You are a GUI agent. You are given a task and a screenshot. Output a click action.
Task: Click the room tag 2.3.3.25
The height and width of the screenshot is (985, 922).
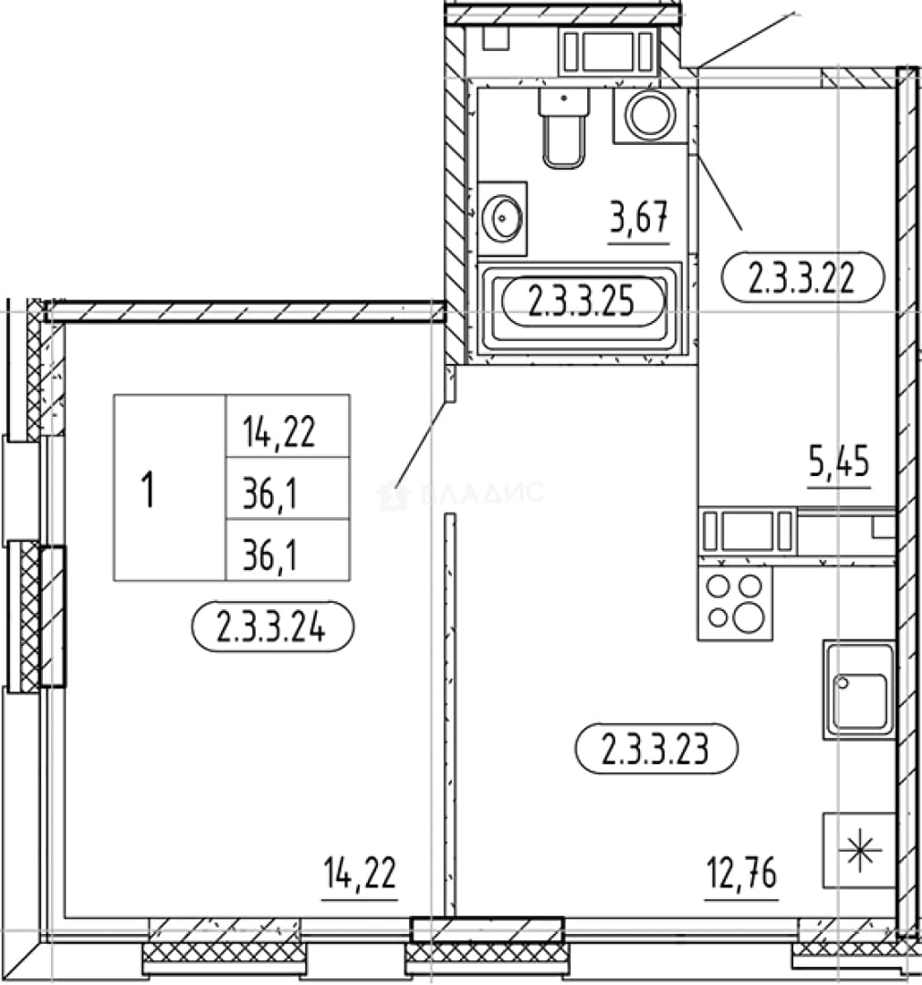pyautogui.click(x=583, y=302)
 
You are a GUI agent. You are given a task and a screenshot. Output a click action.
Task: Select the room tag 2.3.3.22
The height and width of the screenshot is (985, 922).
pyautogui.click(x=802, y=276)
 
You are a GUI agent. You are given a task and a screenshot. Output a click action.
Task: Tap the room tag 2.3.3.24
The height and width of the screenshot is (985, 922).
pyautogui.click(x=272, y=627)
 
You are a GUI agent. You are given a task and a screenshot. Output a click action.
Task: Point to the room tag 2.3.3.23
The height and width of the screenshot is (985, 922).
pyautogui.click(x=656, y=748)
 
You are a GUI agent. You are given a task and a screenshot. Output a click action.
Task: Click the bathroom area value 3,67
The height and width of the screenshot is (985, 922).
pyautogui.click(x=638, y=217)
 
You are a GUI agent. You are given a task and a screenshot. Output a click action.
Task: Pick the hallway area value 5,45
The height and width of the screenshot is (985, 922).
pyautogui.click(x=839, y=461)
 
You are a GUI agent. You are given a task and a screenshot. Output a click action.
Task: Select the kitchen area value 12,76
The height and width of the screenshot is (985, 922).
pyautogui.click(x=741, y=873)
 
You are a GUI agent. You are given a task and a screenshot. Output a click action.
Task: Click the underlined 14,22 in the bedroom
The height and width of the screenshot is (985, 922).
pyautogui.click(x=360, y=873)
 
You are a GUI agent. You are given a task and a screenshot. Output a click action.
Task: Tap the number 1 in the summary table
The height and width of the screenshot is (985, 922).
pyautogui.click(x=149, y=490)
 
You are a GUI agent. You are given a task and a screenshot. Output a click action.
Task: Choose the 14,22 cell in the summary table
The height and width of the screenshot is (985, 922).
pyautogui.click(x=288, y=426)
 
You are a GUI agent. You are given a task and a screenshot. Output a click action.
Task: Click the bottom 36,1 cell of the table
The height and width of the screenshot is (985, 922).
pyautogui.click(x=288, y=550)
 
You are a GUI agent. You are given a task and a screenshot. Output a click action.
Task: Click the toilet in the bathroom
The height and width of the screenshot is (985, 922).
pyautogui.click(x=564, y=129)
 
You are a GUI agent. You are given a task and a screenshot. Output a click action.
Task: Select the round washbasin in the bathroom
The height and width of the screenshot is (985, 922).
pyautogui.click(x=502, y=218)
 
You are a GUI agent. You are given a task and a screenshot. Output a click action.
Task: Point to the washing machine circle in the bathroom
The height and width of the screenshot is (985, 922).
pyautogui.click(x=650, y=116)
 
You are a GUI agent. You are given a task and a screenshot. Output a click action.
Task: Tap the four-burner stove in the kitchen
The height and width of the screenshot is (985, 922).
pyautogui.click(x=735, y=603)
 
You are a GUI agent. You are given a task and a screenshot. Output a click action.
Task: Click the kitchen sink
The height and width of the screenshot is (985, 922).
pyautogui.click(x=859, y=689)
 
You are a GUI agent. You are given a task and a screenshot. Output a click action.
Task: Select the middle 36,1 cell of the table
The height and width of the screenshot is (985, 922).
pyautogui.click(x=288, y=488)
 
